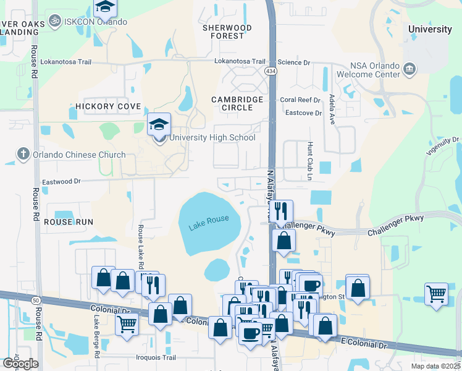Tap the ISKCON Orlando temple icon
[x=56, y=21]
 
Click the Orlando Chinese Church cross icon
[x=23, y=154]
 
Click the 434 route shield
[x=271, y=72]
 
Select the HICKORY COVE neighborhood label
[x=108, y=106]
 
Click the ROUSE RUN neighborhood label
[x=69, y=221]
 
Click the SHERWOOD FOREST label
[x=227, y=32]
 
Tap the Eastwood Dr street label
[x=61, y=182]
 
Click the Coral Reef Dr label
[x=300, y=100]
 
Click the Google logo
[x=20, y=363]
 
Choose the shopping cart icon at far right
[x=436, y=293]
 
